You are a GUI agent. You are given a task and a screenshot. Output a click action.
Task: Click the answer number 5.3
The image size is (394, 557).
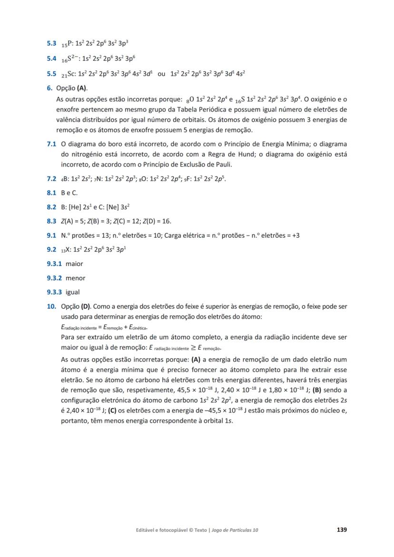coord(52,43)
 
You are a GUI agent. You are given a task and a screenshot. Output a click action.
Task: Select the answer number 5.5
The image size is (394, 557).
coord(52,74)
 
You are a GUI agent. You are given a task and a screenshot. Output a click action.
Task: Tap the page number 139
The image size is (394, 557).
coord(342,529)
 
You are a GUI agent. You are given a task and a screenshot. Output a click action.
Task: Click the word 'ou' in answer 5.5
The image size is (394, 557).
coord(161,74)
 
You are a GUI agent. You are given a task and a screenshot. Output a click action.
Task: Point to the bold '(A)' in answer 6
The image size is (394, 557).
coord(82,88)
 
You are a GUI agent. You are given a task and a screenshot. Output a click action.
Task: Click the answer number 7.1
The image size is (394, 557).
coord(52,144)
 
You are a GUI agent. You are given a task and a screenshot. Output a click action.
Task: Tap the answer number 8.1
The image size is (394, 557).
coord(52,193)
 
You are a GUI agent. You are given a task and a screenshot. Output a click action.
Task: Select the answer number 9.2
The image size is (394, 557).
coord(52,250)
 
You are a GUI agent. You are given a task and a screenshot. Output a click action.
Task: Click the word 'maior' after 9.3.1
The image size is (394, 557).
coord(74,264)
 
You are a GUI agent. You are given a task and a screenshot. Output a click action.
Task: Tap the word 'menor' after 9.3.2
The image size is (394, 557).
coord(75,278)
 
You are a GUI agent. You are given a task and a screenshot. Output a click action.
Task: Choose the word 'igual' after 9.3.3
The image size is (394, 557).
coord(73,292)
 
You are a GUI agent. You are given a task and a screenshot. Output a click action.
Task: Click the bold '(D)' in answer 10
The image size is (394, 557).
coord(86,307)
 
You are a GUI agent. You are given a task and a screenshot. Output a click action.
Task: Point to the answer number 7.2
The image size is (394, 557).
coord(52,179)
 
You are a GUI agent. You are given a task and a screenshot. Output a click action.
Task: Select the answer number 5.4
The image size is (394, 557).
coord(52,59)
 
